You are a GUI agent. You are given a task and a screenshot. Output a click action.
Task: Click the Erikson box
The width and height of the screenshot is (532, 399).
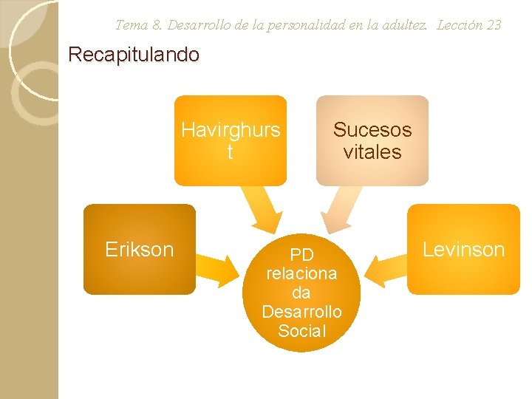point(139,250)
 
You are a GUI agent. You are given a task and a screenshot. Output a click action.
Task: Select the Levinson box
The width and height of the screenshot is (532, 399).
point(463,250)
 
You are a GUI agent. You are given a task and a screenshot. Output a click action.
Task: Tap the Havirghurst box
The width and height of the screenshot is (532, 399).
point(230,140)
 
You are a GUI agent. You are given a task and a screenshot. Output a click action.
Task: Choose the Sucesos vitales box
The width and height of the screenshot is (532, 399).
point(372,140)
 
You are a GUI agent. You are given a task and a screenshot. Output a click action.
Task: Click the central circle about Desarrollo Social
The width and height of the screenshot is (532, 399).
point(301,293)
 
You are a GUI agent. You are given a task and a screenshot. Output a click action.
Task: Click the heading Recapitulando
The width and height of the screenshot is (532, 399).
point(134,55)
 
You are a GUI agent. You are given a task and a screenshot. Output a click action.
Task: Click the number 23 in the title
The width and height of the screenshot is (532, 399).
point(493,25)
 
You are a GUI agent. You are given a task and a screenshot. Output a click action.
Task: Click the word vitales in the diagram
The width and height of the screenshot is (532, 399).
point(372,152)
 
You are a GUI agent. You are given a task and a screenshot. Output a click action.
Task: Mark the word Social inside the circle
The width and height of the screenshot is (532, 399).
point(301,331)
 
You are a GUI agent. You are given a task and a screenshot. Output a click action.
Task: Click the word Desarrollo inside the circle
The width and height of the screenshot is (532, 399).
point(301,312)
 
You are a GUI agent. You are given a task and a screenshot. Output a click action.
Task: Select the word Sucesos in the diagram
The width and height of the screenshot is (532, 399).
point(372,130)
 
